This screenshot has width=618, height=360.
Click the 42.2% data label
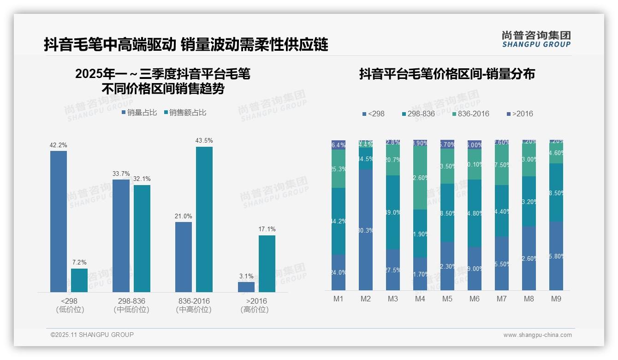pyautogui.click(x=58, y=145)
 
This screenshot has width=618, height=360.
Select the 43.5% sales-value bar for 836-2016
pyautogui.click(x=204, y=219)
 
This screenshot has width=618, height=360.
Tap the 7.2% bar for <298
pyautogui.click(x=79, y=280)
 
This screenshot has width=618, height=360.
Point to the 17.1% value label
pyautogui.click(x=267, y=229)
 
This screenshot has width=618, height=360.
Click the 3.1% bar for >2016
pyautogui.click(x=246, y=287)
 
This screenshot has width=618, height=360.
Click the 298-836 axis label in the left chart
pyautogui.click(x=131, y=301)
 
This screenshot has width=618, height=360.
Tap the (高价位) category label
pyautogui.click(x=254, y=310)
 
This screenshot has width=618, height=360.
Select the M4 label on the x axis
pyautogui.click(x=420, y=299)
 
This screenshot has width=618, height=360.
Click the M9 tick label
pyautogui.click(x=556, y=299)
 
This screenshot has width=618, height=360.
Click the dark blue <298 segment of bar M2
pyautogui.click(x=366, y=229)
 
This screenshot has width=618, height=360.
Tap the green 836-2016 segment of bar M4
pyautogui.click(x=420, y=177)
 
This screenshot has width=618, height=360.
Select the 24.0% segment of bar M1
pyautogui.click(x=339, y=272)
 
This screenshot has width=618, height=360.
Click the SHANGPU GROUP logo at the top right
pyautogui.click(x=536, y=39)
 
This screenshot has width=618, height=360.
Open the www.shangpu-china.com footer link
pyautogui.click(x=537, y=335)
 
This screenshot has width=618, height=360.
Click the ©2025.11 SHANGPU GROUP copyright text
pyautogui.click(x=92, y=335)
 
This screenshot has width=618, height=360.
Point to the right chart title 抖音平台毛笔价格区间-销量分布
pyautogui.click(x=446, y=74)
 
